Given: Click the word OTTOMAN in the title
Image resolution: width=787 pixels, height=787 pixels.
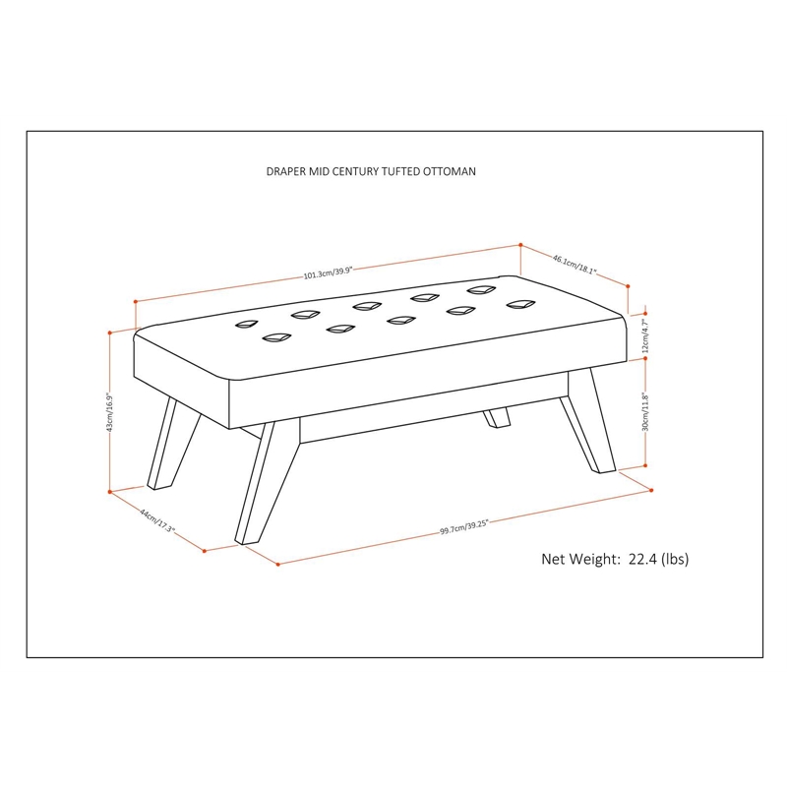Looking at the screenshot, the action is click(449, 171).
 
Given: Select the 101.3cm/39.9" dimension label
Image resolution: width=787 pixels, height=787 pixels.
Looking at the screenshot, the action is click(329, 272).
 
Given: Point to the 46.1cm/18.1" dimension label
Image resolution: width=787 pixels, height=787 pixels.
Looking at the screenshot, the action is click(575, 265).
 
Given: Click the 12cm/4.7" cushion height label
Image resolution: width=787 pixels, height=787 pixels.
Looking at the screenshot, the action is click(646, 335).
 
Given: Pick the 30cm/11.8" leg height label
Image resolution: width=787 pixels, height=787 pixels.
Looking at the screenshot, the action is click(646, 412).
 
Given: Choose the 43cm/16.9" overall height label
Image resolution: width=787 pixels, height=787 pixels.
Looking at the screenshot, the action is click(110, 412).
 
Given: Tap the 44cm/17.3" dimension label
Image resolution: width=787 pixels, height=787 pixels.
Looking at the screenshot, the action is click(156, 521).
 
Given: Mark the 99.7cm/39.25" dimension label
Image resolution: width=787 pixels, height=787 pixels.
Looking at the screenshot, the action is click(464, 527).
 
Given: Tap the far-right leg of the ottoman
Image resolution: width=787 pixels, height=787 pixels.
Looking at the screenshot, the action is click(588, 422).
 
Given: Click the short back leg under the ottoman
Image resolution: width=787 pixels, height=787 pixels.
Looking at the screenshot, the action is click(497, 417).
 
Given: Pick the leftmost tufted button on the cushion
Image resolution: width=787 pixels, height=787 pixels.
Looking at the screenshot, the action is click(247, 325).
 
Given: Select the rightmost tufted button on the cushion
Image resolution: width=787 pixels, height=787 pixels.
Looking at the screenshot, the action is click(521, 304).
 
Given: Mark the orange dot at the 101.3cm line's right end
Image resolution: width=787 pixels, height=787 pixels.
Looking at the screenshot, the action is click(521, 245).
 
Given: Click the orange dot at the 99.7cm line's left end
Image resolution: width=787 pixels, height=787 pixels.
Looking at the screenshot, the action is click(278, 565).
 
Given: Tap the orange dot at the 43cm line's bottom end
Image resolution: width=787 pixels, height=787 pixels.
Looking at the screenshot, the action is click(110, 492).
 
